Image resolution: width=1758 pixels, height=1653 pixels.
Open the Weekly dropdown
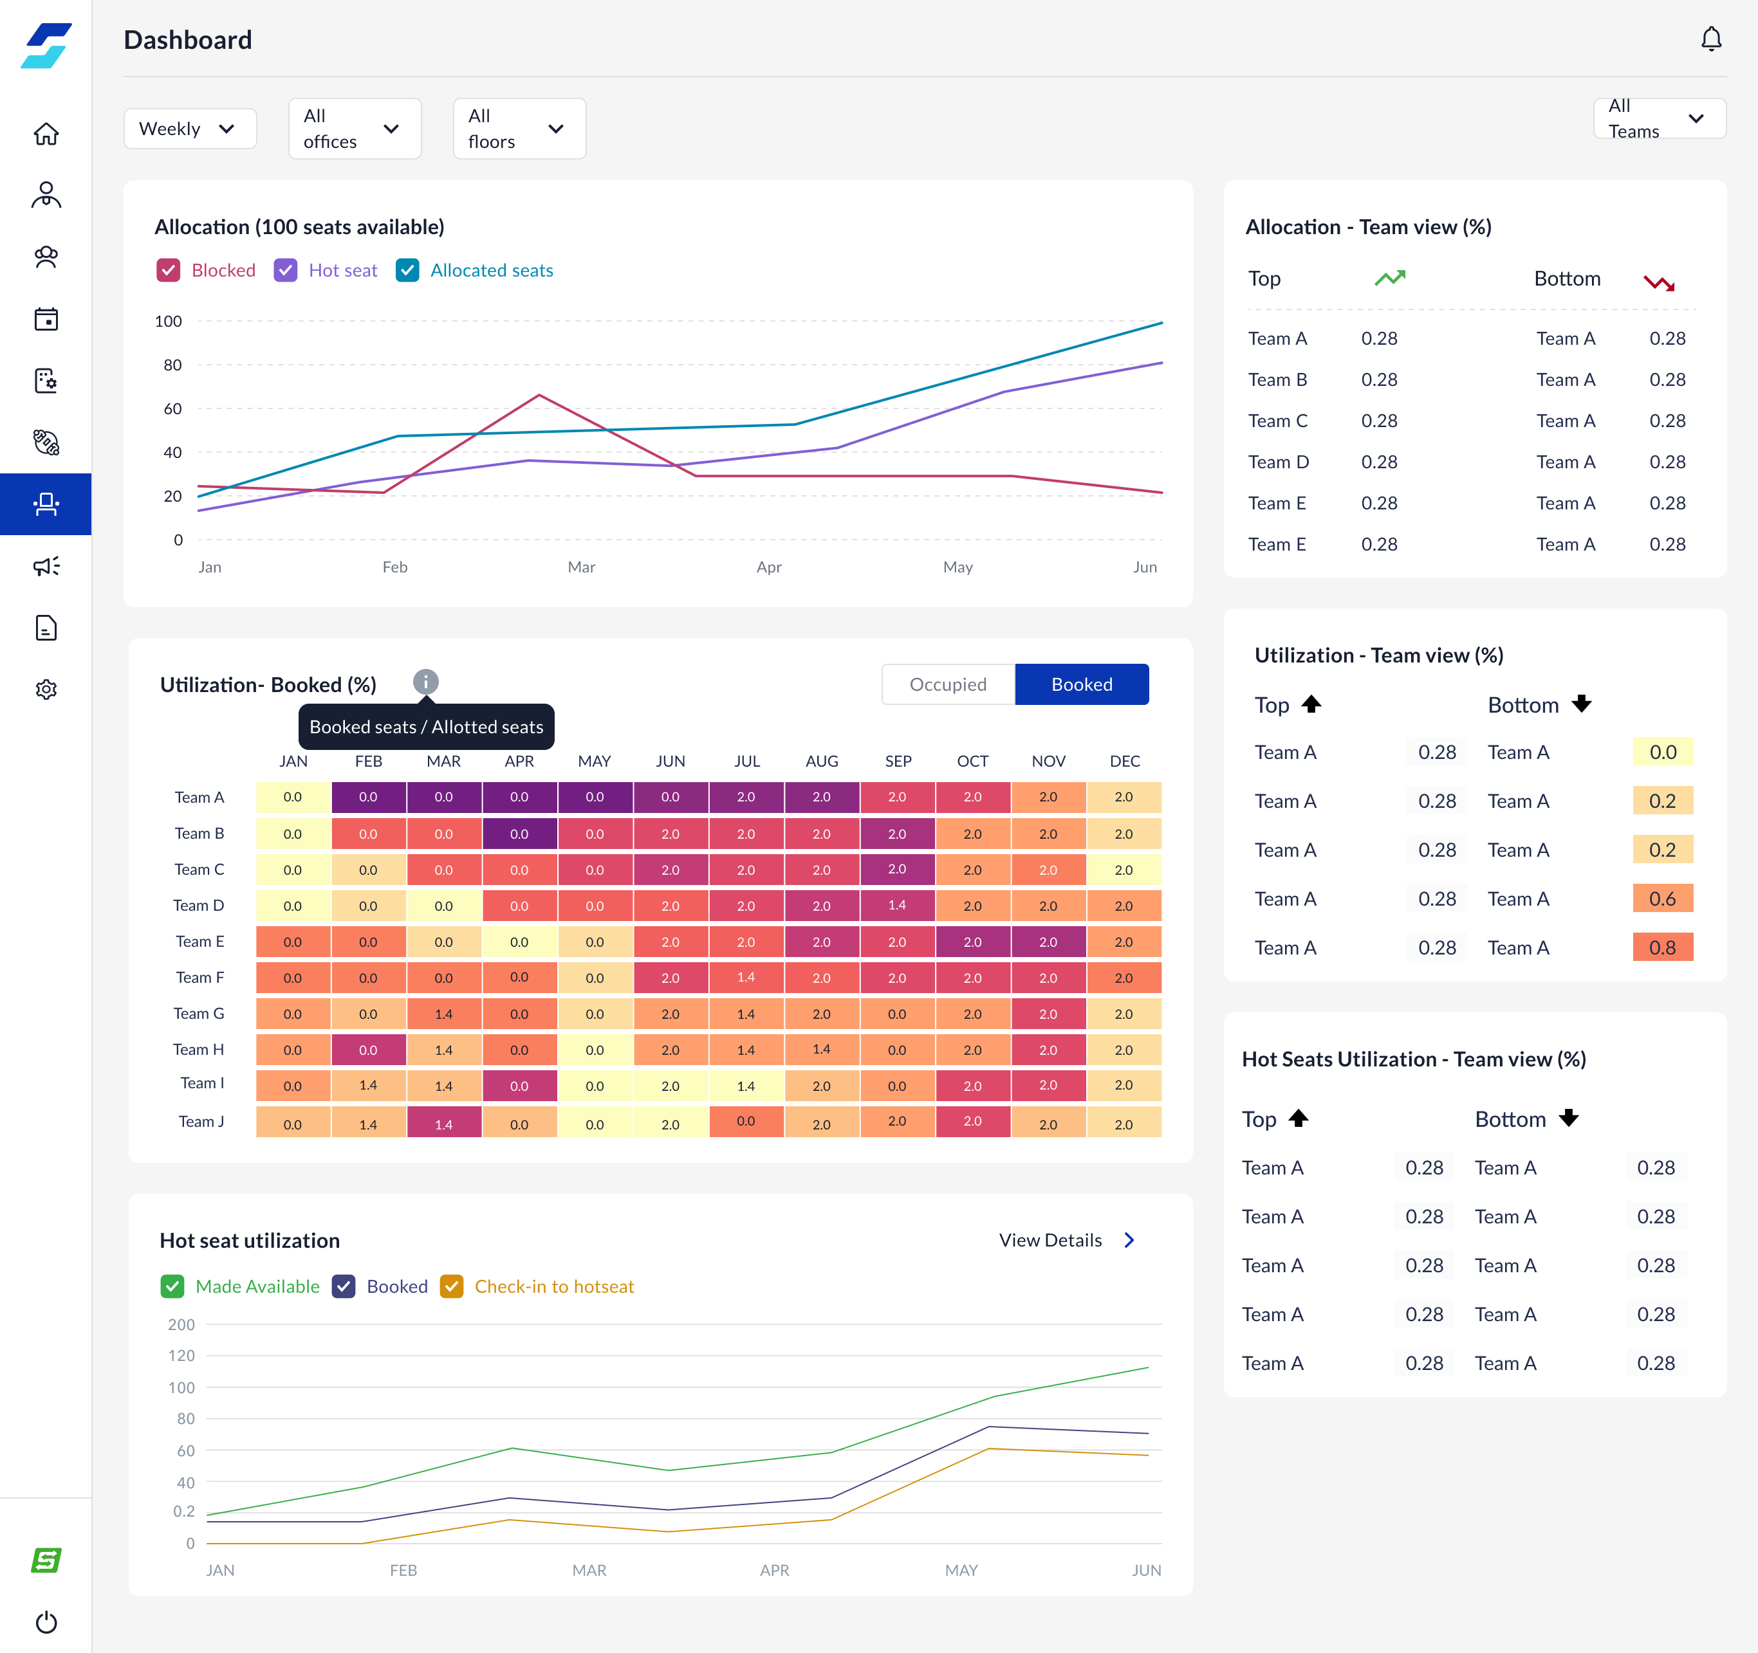pyautogui.click(x=189, y=129)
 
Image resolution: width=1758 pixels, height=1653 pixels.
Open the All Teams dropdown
pyautogui.click(x=1659, y=118)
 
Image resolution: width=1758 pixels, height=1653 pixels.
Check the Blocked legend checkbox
pyautogui.click(x=168, y=271)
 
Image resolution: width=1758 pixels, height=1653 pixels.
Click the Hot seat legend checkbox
pyautogui.click(x=286, y=271)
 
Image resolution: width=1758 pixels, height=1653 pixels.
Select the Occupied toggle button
pyautogui.click(x=948, y=684)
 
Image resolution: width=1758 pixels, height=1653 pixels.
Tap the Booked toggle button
pyautogui.click(x=1082, y=684)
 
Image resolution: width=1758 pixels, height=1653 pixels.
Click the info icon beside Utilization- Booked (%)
pyautogui.click(x=425, y=682)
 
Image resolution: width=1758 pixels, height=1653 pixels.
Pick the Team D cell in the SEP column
pyautogui.click(x=896, y=905)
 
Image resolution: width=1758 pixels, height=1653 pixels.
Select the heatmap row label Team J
pyautogui.click(x=201, y=1122)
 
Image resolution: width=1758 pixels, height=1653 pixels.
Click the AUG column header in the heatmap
pyautogui.click(x=822, y=761)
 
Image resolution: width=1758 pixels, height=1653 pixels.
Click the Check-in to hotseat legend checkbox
pyautogui.click(x=452, y=1286)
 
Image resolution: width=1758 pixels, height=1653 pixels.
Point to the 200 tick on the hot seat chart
pyautogui.click(x=181, y=1324)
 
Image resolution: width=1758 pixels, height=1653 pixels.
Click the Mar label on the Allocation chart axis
pyautogui.click(x=581, y=567)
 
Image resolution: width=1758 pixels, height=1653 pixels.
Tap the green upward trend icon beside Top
pyautogui.click(x=1390, y=279)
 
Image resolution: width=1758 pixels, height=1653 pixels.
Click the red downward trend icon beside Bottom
pyautogui.click(x=1659, y=283)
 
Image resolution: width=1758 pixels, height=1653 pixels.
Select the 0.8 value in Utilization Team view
pyautogui.click(x=1663, y=947)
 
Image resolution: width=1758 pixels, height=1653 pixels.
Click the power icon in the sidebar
pyautogui.click(x=46, y=1623)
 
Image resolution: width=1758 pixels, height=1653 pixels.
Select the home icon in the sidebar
pyautogui.click(x=46, y=134)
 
